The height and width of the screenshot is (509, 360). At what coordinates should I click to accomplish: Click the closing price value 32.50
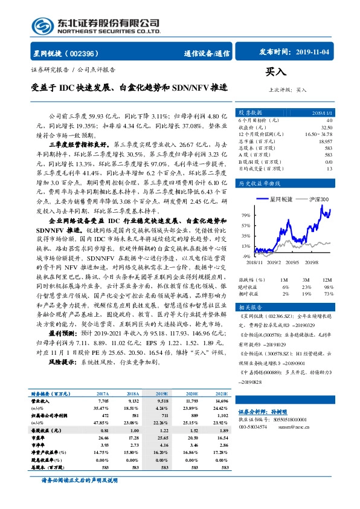(x=326, y=128)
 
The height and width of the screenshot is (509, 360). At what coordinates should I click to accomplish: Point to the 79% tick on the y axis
(x=246, y=215)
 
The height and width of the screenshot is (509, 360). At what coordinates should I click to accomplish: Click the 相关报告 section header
(x=249, y=307)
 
